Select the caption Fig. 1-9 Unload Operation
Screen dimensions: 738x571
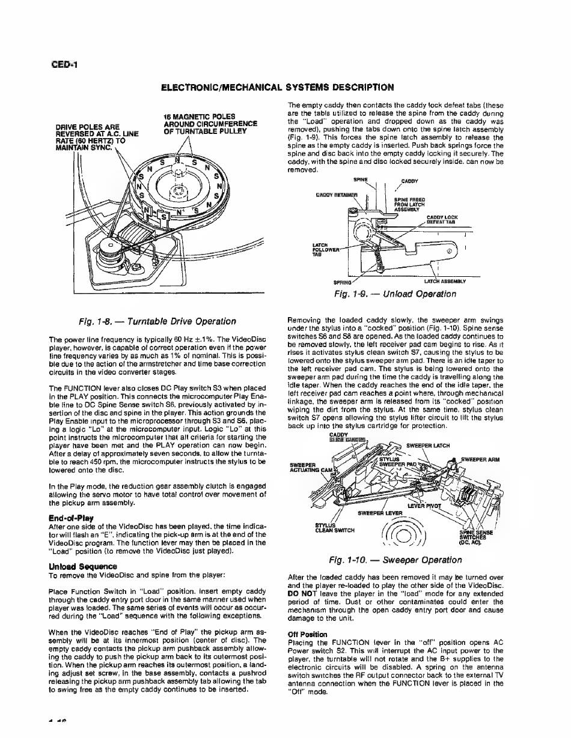click(395, 294)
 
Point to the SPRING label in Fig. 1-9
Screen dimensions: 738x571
click(343, 280)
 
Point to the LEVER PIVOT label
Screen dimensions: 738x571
click(425, 506)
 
